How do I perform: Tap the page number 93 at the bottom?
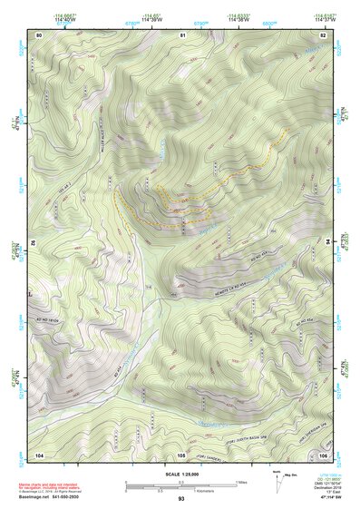181,499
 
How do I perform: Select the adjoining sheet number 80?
39,34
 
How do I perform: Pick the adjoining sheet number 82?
322,34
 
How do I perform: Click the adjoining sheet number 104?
39,453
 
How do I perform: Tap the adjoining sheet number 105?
181,453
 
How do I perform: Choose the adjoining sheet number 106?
322,453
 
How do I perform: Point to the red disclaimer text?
50,486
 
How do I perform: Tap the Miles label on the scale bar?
240,481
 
